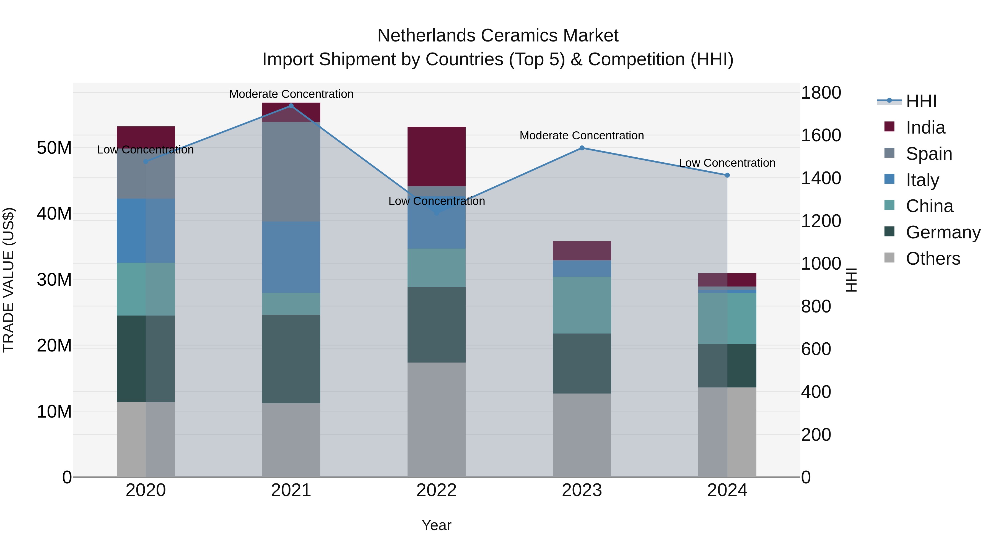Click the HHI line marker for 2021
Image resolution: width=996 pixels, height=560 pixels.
(x=291, y=106)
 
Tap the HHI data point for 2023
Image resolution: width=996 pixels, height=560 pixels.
(x=582, y=148)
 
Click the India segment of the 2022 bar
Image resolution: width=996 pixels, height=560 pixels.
(x=437, y=157)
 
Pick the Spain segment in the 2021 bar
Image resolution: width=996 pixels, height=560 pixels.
(x=291, y=172)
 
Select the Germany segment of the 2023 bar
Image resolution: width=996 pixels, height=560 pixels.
(x=582, y=363)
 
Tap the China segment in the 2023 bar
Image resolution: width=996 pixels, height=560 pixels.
(x=582, y=305)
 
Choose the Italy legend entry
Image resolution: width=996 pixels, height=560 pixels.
(x=922, y=180)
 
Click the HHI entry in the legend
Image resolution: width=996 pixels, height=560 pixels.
(x=921, y=101)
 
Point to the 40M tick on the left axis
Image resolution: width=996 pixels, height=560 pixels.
(x=54, y=214)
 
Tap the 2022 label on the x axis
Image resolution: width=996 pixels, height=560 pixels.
(x=437, y=490)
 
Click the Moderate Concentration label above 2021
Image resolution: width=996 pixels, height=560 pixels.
(x=291, y=94)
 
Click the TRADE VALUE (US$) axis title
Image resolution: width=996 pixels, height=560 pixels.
(x=9, y=280)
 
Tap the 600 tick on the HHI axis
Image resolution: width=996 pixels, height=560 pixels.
(x=816, y=349)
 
